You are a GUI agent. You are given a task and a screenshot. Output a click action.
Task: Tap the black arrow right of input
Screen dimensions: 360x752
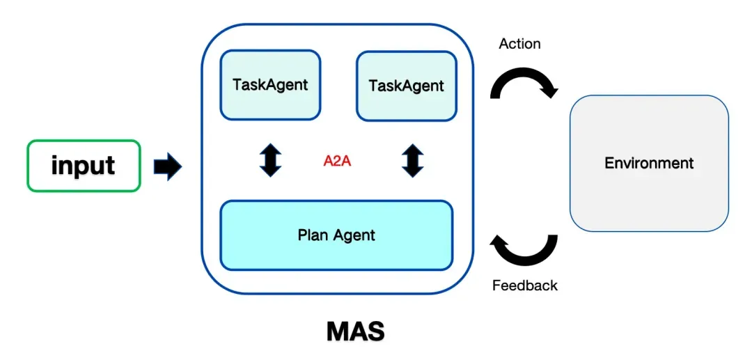point(167,166)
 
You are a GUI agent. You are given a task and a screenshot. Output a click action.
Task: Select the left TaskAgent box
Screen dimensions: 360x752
point(271,85)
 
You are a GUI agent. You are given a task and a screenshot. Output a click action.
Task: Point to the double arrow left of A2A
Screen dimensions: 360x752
point(270,160)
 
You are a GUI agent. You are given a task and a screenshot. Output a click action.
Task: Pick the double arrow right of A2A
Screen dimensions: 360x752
point(412,160)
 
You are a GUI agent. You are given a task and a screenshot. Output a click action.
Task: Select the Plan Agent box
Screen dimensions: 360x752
point(336,235)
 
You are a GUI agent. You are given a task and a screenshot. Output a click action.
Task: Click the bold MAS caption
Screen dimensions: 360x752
point(355,331)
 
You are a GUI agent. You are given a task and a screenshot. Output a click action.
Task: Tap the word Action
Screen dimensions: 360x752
point(519,44)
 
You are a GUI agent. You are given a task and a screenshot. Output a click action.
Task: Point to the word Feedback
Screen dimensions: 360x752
point(524,285)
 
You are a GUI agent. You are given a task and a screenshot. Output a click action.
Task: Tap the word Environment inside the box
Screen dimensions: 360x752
point(649,164)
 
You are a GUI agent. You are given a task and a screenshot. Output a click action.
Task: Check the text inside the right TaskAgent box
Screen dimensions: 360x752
point(406,86)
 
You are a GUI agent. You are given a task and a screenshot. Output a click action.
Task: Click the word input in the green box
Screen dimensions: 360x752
point(84,166)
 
